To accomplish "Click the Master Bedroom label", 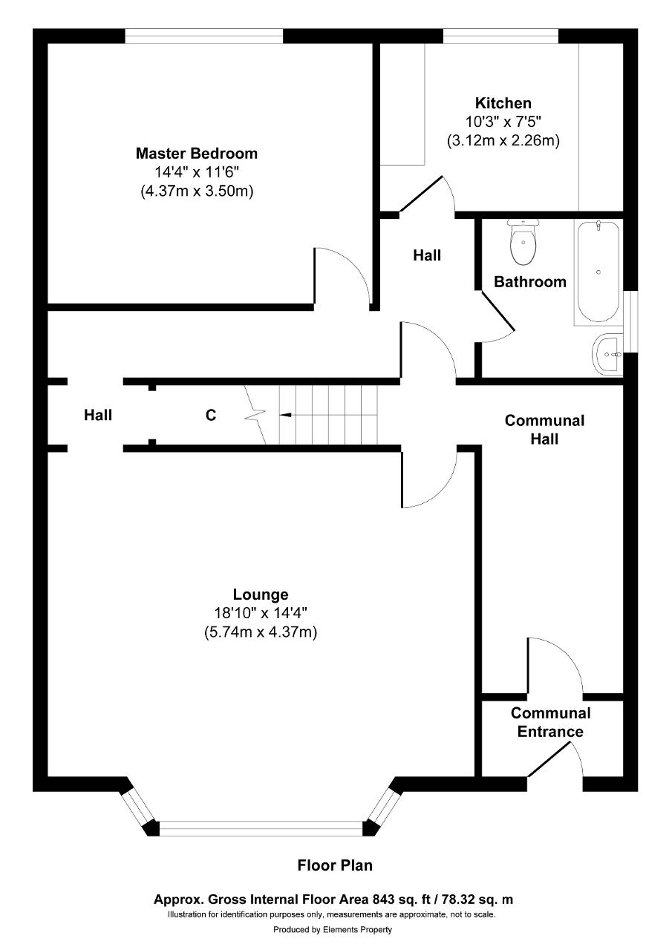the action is point(197,153).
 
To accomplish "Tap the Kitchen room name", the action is point(503,103).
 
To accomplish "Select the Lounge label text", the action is point(261,594).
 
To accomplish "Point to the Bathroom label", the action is point(530,281).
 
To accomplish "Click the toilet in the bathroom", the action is point(523,242).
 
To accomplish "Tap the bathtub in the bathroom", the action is point(598,272).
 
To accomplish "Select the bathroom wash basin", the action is point(607,355).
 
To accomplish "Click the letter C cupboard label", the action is point(211,415).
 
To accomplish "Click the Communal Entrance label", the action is point(550,722).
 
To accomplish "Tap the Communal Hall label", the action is point(544,430).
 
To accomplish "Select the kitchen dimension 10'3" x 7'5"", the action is point(503,122).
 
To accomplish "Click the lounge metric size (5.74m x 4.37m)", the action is point(261,632).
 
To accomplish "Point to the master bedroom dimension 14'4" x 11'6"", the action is point(197,172).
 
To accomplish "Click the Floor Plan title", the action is point(335,865).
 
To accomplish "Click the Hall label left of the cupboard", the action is point(98,415).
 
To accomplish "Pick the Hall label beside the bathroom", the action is point(427,255).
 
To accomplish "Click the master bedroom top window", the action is point(203,36).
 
